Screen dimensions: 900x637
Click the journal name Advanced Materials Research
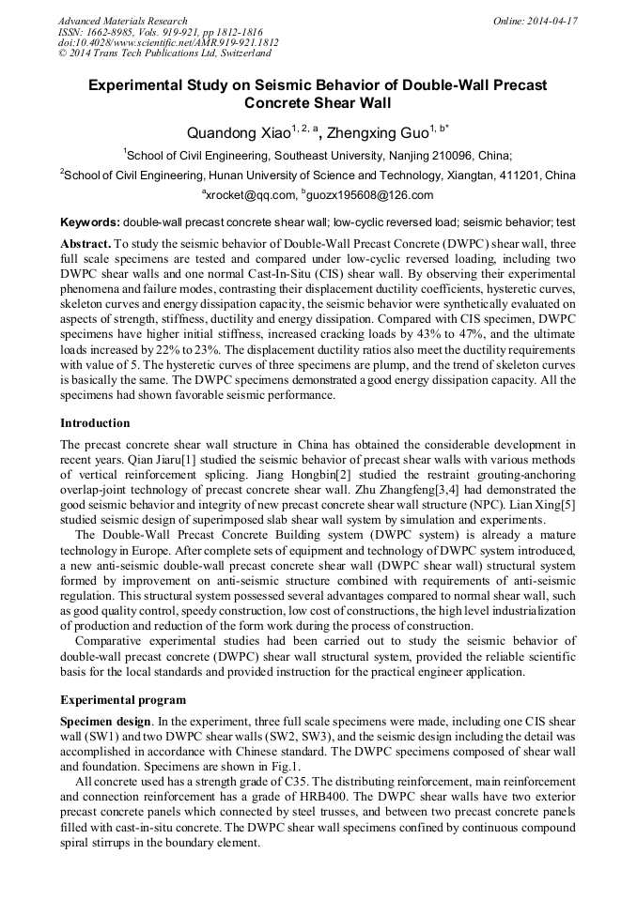[122, 21]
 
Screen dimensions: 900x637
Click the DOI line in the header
[168, 43]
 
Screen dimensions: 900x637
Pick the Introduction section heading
[95, 423]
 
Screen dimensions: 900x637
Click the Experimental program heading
[123, 700]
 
